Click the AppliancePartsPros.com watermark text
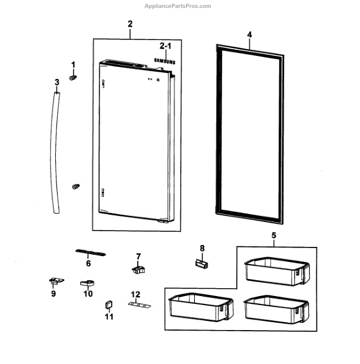(x=178, y=6)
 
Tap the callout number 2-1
(x=165, y=46)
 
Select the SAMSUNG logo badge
(x=165, y=61)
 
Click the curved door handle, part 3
(x=55, y=153)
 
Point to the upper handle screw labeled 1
(x=73, y=78)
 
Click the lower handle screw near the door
(x=76, y=186)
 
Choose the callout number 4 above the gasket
(x=250, y=35)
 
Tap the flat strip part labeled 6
(x=90, y=252)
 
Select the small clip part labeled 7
(x=138, y=269)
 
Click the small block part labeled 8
(x=202, y=264)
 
